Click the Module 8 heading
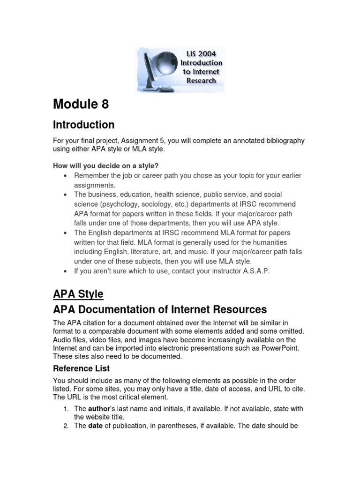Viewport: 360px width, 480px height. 81,104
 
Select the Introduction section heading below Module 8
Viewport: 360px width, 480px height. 83,125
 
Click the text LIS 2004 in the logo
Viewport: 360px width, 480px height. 201,54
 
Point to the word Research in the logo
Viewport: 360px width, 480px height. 201,80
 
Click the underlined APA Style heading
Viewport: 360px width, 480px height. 78,294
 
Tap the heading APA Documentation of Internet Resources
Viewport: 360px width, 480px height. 160,309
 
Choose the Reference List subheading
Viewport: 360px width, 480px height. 81,368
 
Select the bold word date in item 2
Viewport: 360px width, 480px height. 95,427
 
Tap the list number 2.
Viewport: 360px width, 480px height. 66,427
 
